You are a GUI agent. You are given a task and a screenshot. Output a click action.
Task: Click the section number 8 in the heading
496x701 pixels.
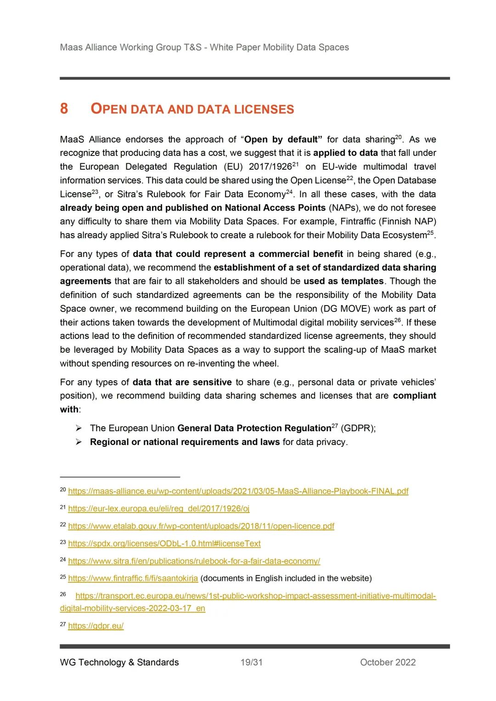point(64,109)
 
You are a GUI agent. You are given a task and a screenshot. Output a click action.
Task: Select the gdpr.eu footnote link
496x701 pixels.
point(96,626)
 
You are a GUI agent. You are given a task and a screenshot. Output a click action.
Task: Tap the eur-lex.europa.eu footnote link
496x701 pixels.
point(159,508)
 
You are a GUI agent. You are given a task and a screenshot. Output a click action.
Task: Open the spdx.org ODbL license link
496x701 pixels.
point(164,543)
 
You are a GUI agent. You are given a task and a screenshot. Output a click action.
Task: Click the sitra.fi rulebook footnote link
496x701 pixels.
point(194,561)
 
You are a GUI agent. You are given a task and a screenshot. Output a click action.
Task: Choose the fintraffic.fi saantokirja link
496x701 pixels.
point(133,578)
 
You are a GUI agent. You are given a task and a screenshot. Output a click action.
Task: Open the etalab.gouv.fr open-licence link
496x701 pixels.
point(201,526)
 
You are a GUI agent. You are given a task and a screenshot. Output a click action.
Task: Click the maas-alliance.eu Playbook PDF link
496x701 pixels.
point(238,491)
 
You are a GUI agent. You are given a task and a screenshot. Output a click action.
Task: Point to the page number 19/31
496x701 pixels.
point(251,662)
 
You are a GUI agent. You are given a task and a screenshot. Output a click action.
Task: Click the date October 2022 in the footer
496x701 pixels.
point(388,662)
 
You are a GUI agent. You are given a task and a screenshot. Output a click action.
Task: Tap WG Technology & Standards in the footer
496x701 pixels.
point(119,662)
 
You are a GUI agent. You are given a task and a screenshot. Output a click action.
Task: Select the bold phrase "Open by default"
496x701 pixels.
point(282,139)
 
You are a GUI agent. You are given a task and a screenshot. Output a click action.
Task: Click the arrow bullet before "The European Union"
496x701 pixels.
point(79,428)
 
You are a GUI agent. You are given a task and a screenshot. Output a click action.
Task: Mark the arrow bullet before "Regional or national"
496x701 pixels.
point(79,442)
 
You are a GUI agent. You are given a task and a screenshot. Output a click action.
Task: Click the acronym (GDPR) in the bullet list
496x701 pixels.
point(358,428)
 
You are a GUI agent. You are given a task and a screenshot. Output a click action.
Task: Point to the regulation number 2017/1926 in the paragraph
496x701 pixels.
point(270,167)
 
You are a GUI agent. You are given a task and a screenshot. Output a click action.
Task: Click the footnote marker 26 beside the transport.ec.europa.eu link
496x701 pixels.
point(63,594)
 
